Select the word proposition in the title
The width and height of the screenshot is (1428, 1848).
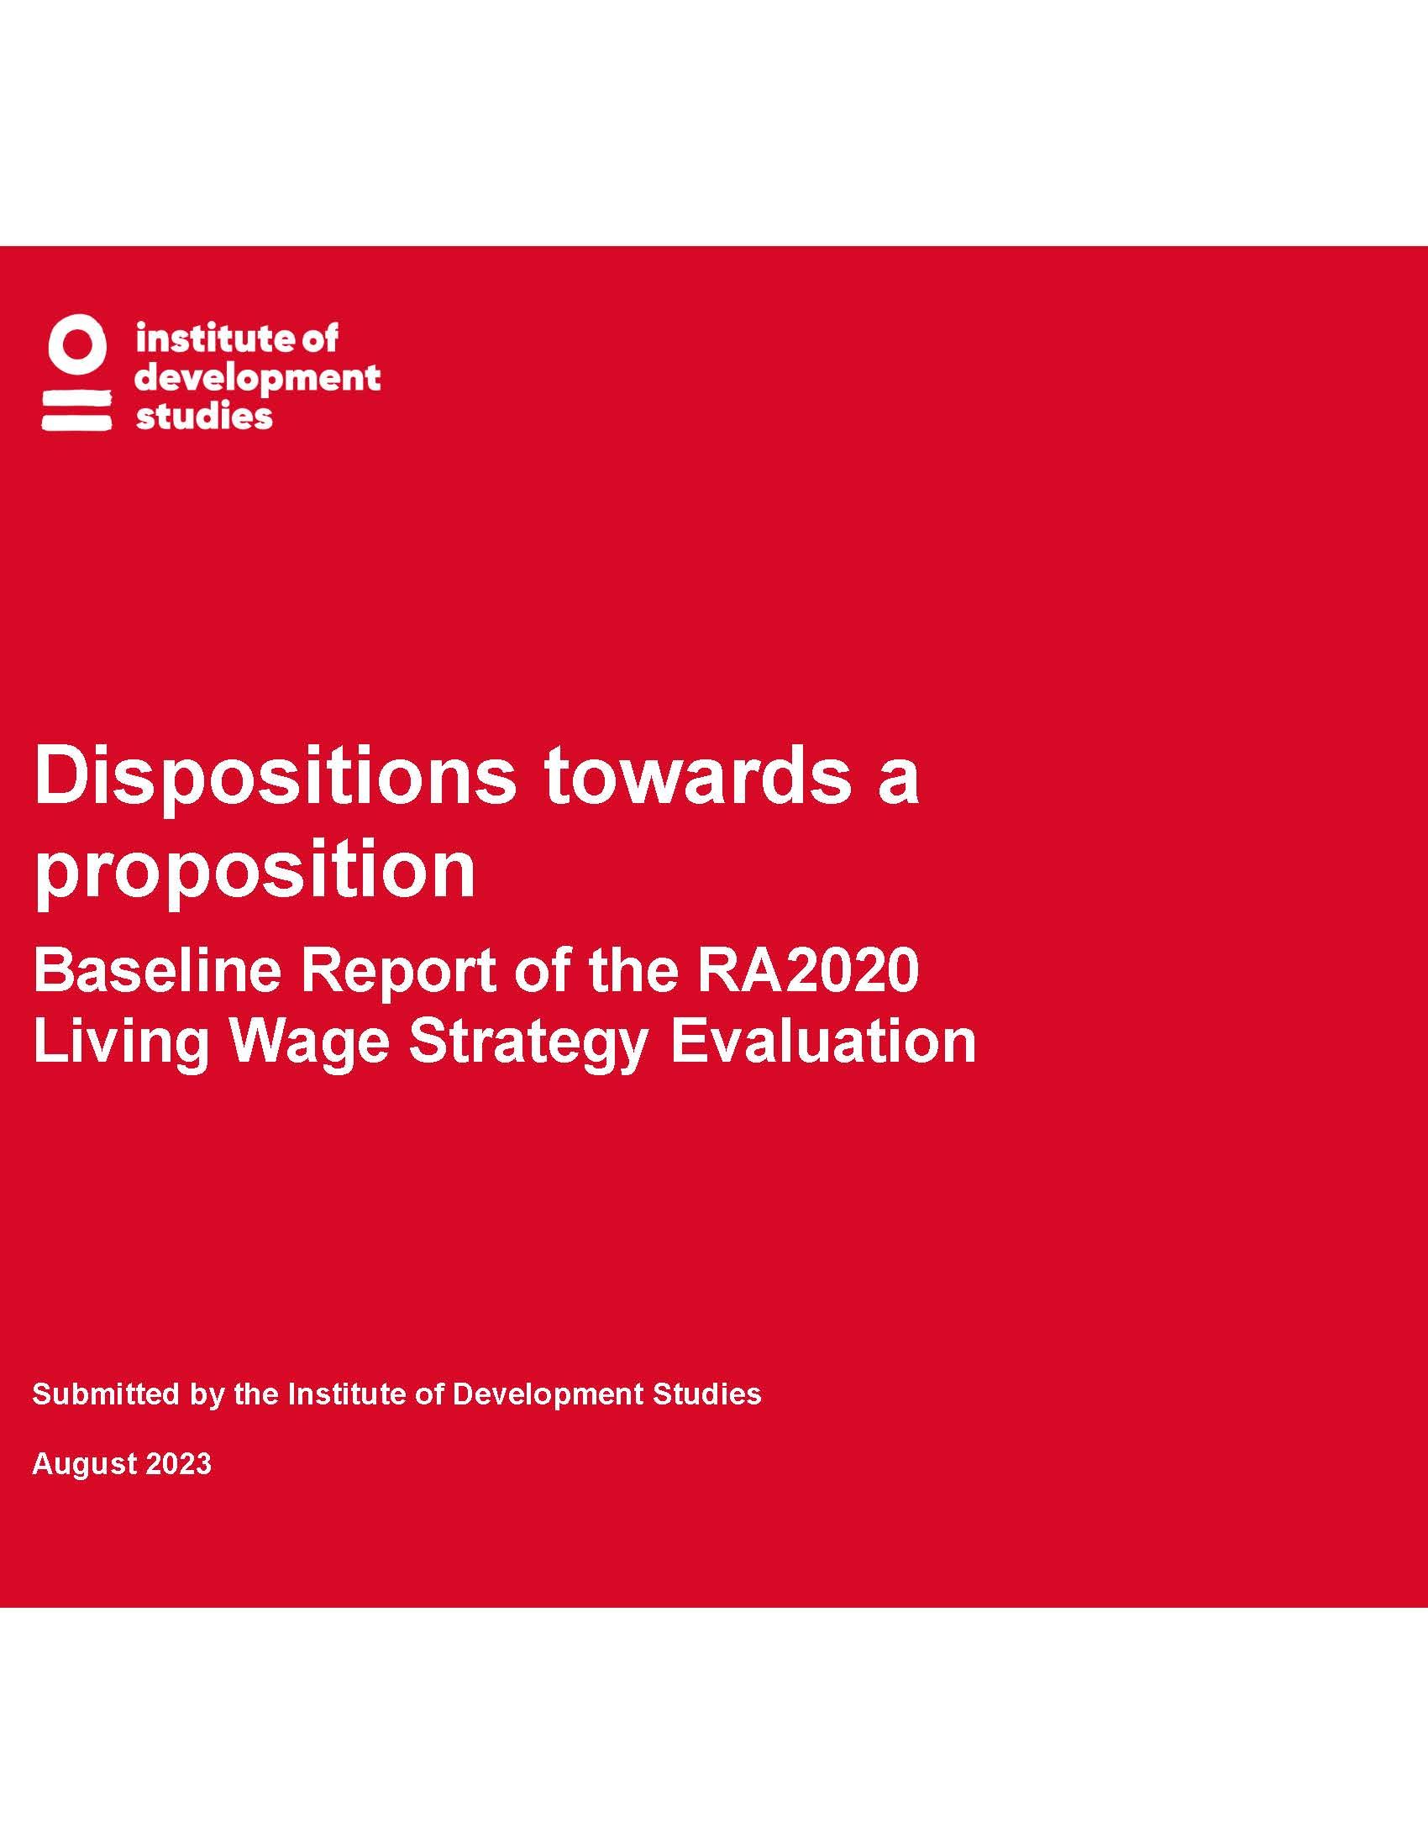[255, 871]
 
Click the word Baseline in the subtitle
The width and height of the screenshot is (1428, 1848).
[157, 970]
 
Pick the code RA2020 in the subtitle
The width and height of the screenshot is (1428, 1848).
[808, 970]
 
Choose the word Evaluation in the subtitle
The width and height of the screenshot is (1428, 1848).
[823, 1041]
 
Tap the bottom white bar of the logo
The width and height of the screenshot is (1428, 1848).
[77, 422]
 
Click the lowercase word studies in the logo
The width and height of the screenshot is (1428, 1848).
[204, 417]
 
